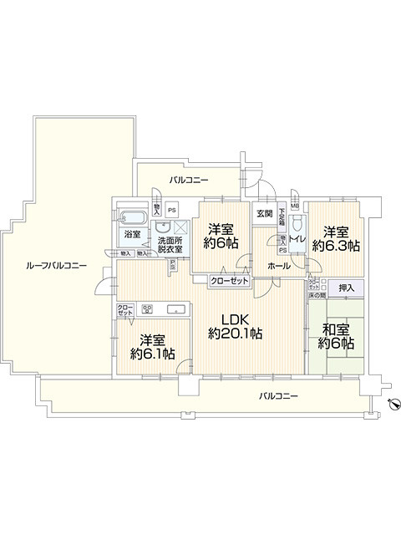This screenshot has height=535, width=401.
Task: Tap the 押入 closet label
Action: click(x=346, y=288)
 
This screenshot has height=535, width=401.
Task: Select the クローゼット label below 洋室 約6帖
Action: click(x=229, y=282)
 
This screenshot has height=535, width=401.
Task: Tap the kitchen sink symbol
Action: click(x=178, y=310)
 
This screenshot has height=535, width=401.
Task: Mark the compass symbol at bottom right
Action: click(x=392, y=405)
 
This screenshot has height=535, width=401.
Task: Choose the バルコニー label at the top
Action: click(x=189, y=180)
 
